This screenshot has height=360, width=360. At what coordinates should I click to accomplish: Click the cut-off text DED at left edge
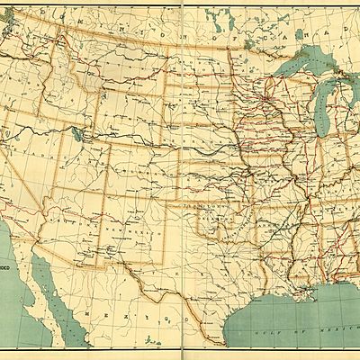click(6, 266)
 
